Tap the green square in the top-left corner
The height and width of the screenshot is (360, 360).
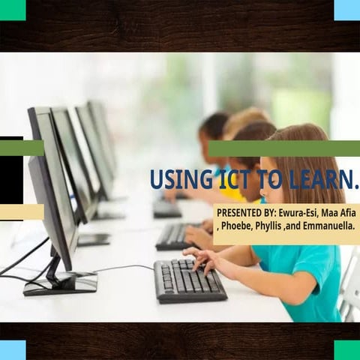pos(12,10)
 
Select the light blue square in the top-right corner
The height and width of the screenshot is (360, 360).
pos(346,10)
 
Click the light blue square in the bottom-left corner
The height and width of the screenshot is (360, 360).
pos(12,349)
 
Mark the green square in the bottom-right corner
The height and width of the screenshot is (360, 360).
pos(346,349)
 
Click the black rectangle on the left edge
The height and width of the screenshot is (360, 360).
pos(10,180)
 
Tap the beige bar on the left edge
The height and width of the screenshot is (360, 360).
pos(21,212)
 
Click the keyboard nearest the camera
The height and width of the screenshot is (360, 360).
pos(189,280)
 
